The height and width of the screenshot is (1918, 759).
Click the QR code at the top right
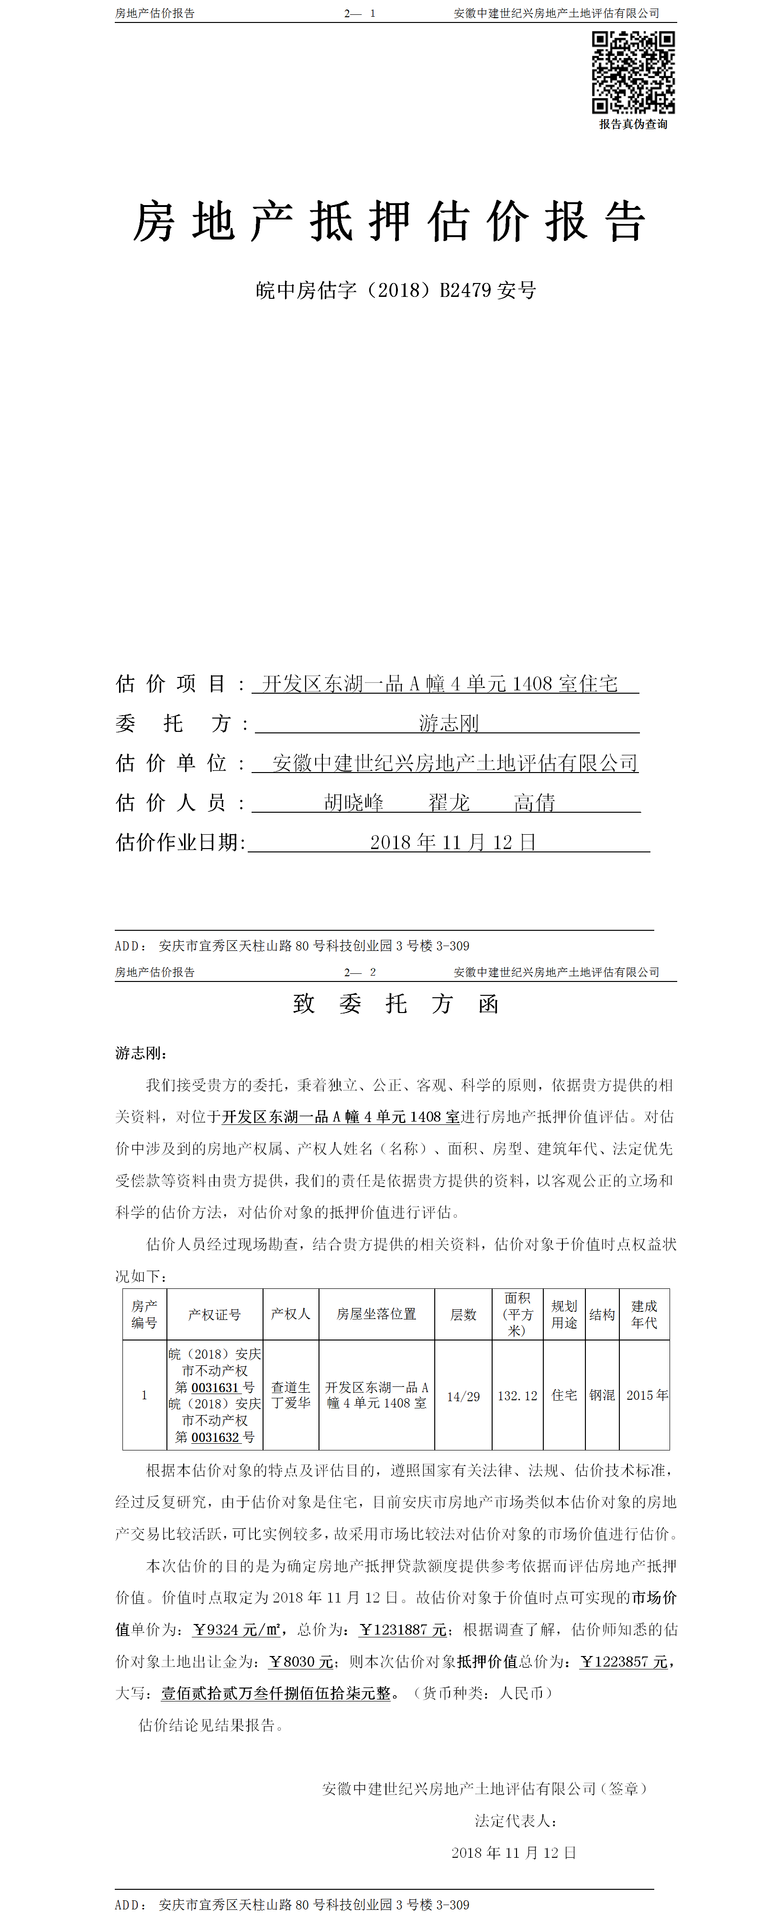[633, 72]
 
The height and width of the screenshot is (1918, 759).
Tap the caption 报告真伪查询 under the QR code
[633, 124]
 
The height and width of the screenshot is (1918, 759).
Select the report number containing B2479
[396, 290]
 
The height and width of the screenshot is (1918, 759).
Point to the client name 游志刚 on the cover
[449, 723]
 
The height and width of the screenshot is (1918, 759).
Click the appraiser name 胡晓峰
[354, 803]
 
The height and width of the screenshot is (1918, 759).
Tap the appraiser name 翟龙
[449, 803]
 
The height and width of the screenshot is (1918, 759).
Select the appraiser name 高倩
[535, 803]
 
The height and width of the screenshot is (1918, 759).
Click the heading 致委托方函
[396, 1003]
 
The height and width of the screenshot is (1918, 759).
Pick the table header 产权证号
[215, 1314]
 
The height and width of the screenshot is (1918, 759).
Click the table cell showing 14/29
[463, 1396]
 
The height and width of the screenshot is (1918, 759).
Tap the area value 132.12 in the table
[517, 1396]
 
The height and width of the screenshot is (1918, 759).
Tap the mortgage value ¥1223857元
[624, 1662]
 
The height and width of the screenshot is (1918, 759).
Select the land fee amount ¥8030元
[301, 1662]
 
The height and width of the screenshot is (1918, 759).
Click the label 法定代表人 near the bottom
[516, 1820]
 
